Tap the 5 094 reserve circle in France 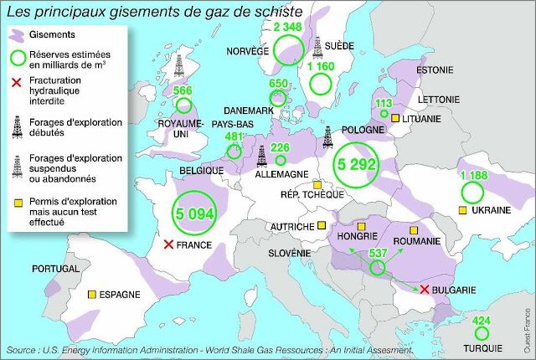coord(193,213)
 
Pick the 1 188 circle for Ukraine coord(473,192)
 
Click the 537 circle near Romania coord(378,267)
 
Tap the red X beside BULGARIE coord(425,290)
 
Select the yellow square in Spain coord(91,295)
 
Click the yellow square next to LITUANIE coord(394,119)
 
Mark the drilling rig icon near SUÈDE coord(318,46)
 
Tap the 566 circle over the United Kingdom coord(182,104)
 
